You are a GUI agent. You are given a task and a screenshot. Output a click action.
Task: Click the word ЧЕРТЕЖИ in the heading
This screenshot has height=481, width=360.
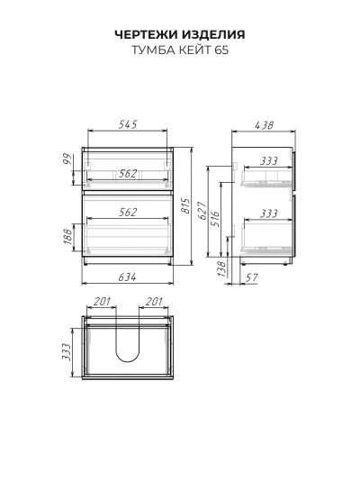[x=146, y=34]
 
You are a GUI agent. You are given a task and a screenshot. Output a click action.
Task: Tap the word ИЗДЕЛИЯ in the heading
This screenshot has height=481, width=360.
[x=213, y=34]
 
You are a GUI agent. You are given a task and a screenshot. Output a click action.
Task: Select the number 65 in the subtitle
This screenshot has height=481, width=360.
[x=221, y=50]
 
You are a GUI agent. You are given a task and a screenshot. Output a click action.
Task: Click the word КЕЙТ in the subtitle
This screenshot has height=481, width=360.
[x=195, y=50]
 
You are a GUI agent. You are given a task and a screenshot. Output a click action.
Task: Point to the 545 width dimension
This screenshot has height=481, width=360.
[x=128, y=124]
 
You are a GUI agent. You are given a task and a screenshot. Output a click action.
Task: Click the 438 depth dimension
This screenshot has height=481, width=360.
[x=264, y=125]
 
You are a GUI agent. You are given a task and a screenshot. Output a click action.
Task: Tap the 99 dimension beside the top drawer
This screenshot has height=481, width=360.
[x=67, y=159]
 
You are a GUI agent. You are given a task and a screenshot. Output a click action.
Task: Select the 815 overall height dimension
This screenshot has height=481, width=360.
[x=185, y=206]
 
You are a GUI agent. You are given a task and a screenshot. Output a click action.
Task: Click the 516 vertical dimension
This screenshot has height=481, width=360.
[x=215, y=218]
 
